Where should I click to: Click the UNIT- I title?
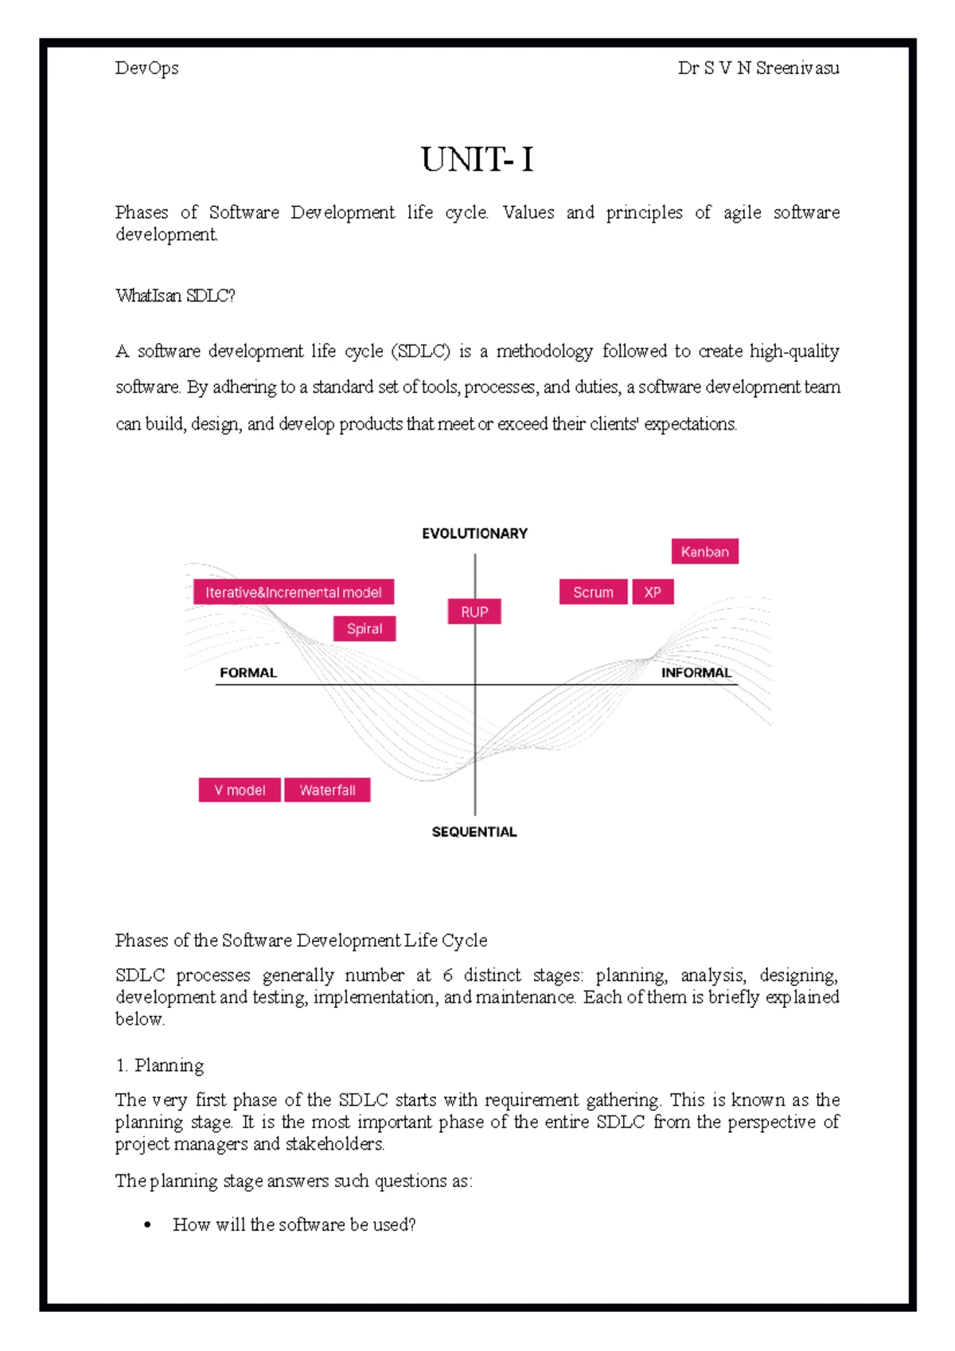(477, 160)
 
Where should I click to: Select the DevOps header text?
(147, 68)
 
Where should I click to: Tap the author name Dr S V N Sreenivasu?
(758, 68)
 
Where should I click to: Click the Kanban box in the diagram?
(704, 551)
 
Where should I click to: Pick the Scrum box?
(593, 592)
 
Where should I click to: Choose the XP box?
(653, 592)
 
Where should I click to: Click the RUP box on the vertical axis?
(474, 612)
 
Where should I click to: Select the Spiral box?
(364, 629)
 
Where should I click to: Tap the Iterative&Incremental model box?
(294, 592)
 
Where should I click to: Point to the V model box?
(240, 790)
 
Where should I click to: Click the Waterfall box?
(327, 790)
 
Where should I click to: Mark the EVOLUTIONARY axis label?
(474, 534)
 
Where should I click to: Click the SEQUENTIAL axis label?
(474, 832)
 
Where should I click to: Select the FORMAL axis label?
(248, 673)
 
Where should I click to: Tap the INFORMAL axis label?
(696, 673)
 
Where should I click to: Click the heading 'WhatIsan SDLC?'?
(175, 296)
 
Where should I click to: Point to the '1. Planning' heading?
(160, 1065)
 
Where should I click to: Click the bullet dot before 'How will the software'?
(147, 1225)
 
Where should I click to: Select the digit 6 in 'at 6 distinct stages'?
(447, 975)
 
